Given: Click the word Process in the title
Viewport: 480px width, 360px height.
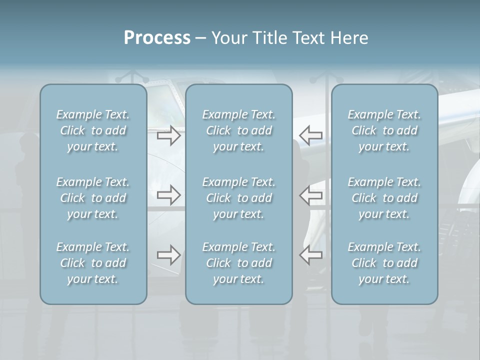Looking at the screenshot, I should [157, 38].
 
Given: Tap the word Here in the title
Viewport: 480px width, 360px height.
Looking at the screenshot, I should [348, 38].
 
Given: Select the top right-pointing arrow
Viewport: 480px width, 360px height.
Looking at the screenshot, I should [169, 135].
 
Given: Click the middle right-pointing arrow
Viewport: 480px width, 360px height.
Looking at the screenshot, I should [169, 195].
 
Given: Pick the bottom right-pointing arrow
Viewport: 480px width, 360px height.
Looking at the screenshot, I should [169, 255].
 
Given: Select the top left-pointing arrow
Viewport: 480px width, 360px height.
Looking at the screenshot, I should [311, 135].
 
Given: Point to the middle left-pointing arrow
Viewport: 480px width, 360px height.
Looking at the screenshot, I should [311, 195].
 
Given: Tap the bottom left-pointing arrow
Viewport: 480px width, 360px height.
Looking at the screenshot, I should [311, 255].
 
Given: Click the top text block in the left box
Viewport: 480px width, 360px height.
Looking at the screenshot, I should [93, 130].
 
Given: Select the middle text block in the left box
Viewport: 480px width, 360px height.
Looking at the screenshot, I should [93, 198].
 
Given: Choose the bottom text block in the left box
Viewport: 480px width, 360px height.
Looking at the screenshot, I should [93, 263].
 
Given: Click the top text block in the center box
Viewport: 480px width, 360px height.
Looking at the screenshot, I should [239, 130].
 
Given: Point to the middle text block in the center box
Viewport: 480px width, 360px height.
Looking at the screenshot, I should [239, 198].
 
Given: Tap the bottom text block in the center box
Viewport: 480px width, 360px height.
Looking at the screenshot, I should [239, 263].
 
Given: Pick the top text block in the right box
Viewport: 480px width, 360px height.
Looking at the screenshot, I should [384, 130].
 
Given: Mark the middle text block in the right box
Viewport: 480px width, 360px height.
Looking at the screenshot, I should [384, 198].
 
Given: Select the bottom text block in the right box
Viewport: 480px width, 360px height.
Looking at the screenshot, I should [384, 263].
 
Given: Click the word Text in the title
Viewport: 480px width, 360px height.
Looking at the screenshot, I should [307, 38].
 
